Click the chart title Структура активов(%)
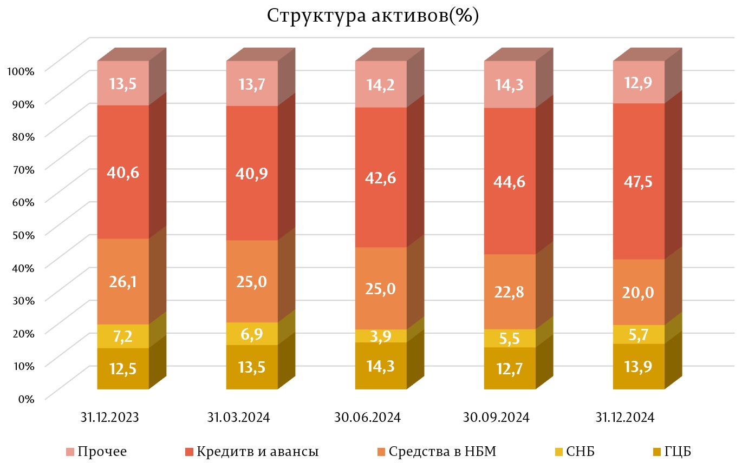pos(373,16)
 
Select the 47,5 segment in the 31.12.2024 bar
pos(639,181)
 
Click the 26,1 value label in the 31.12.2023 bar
pos(123,281)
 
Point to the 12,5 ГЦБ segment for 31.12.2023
pos(123,369)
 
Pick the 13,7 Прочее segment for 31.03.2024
pos(252,83)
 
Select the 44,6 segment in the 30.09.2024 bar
pos(510,182)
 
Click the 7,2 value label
pos(123,336)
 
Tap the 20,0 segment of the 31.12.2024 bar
pos(639,292)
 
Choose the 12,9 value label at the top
pos(639,83)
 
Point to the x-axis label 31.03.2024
pos(238,418)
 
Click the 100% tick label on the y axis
pos(22,70)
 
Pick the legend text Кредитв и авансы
pos(257,451)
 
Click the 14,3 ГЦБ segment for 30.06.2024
pos(381,366)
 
